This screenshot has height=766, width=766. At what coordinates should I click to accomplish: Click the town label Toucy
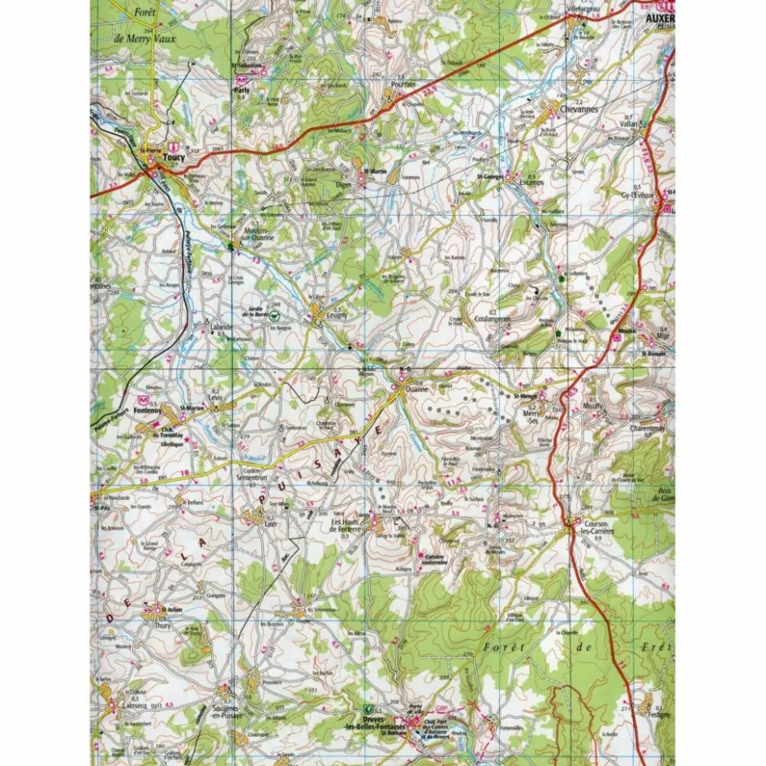174,158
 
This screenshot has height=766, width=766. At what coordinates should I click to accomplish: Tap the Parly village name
241,92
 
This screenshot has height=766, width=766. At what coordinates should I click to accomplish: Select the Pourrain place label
402,84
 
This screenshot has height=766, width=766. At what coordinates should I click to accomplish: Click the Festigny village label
655,715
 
